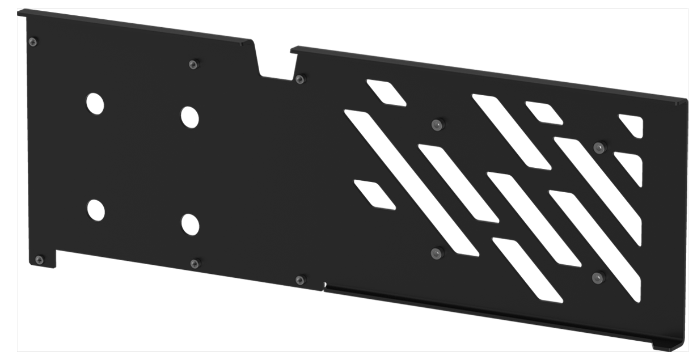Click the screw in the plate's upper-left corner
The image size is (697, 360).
(x=33, y=41)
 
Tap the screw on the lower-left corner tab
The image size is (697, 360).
(x=39, y=260)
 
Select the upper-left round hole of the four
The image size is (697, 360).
(x=95, y=103)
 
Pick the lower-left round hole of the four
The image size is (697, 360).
(x=95, y=210)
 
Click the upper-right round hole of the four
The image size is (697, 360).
(x=189, y=117)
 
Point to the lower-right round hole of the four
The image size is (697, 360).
(x=190, y=225)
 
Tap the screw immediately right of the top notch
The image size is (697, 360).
(x=300, y=79)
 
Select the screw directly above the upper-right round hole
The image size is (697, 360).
(x=193, y=64)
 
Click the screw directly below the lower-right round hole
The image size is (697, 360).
(x=195, y=263)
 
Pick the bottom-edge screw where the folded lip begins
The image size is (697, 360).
(x=300, y=279)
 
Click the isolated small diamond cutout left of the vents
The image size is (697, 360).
(x=374, y=194)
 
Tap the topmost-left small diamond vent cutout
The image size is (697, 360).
(x=386, y=92)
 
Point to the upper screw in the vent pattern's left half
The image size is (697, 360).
(x=437, y=124)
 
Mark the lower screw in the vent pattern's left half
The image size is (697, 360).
(x=436, y=253)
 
